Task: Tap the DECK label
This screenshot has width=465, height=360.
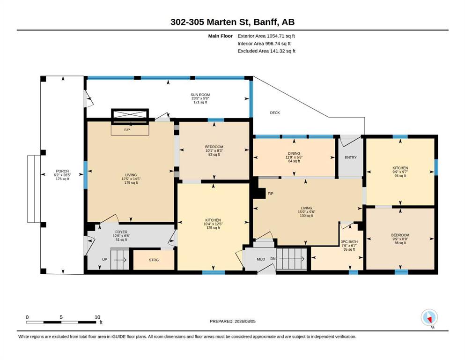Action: [x=275, y=113]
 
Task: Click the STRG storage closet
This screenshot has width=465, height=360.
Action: [x=154, y=260]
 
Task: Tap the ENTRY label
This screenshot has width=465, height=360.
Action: [x=351, y=157]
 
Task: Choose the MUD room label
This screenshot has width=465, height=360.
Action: [x=261, y=259]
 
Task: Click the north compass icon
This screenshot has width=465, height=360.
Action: [x=429, y=318]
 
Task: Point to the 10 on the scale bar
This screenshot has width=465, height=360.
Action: [x=97, y=317]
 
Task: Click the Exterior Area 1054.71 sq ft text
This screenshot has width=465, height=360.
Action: [x=266, y=36]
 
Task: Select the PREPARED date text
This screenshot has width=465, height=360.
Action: [x=232, y=321]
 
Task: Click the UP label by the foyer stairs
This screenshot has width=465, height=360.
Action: [x=105, y=259]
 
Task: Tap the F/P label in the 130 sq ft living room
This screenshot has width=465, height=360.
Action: [x=271, y=194]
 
